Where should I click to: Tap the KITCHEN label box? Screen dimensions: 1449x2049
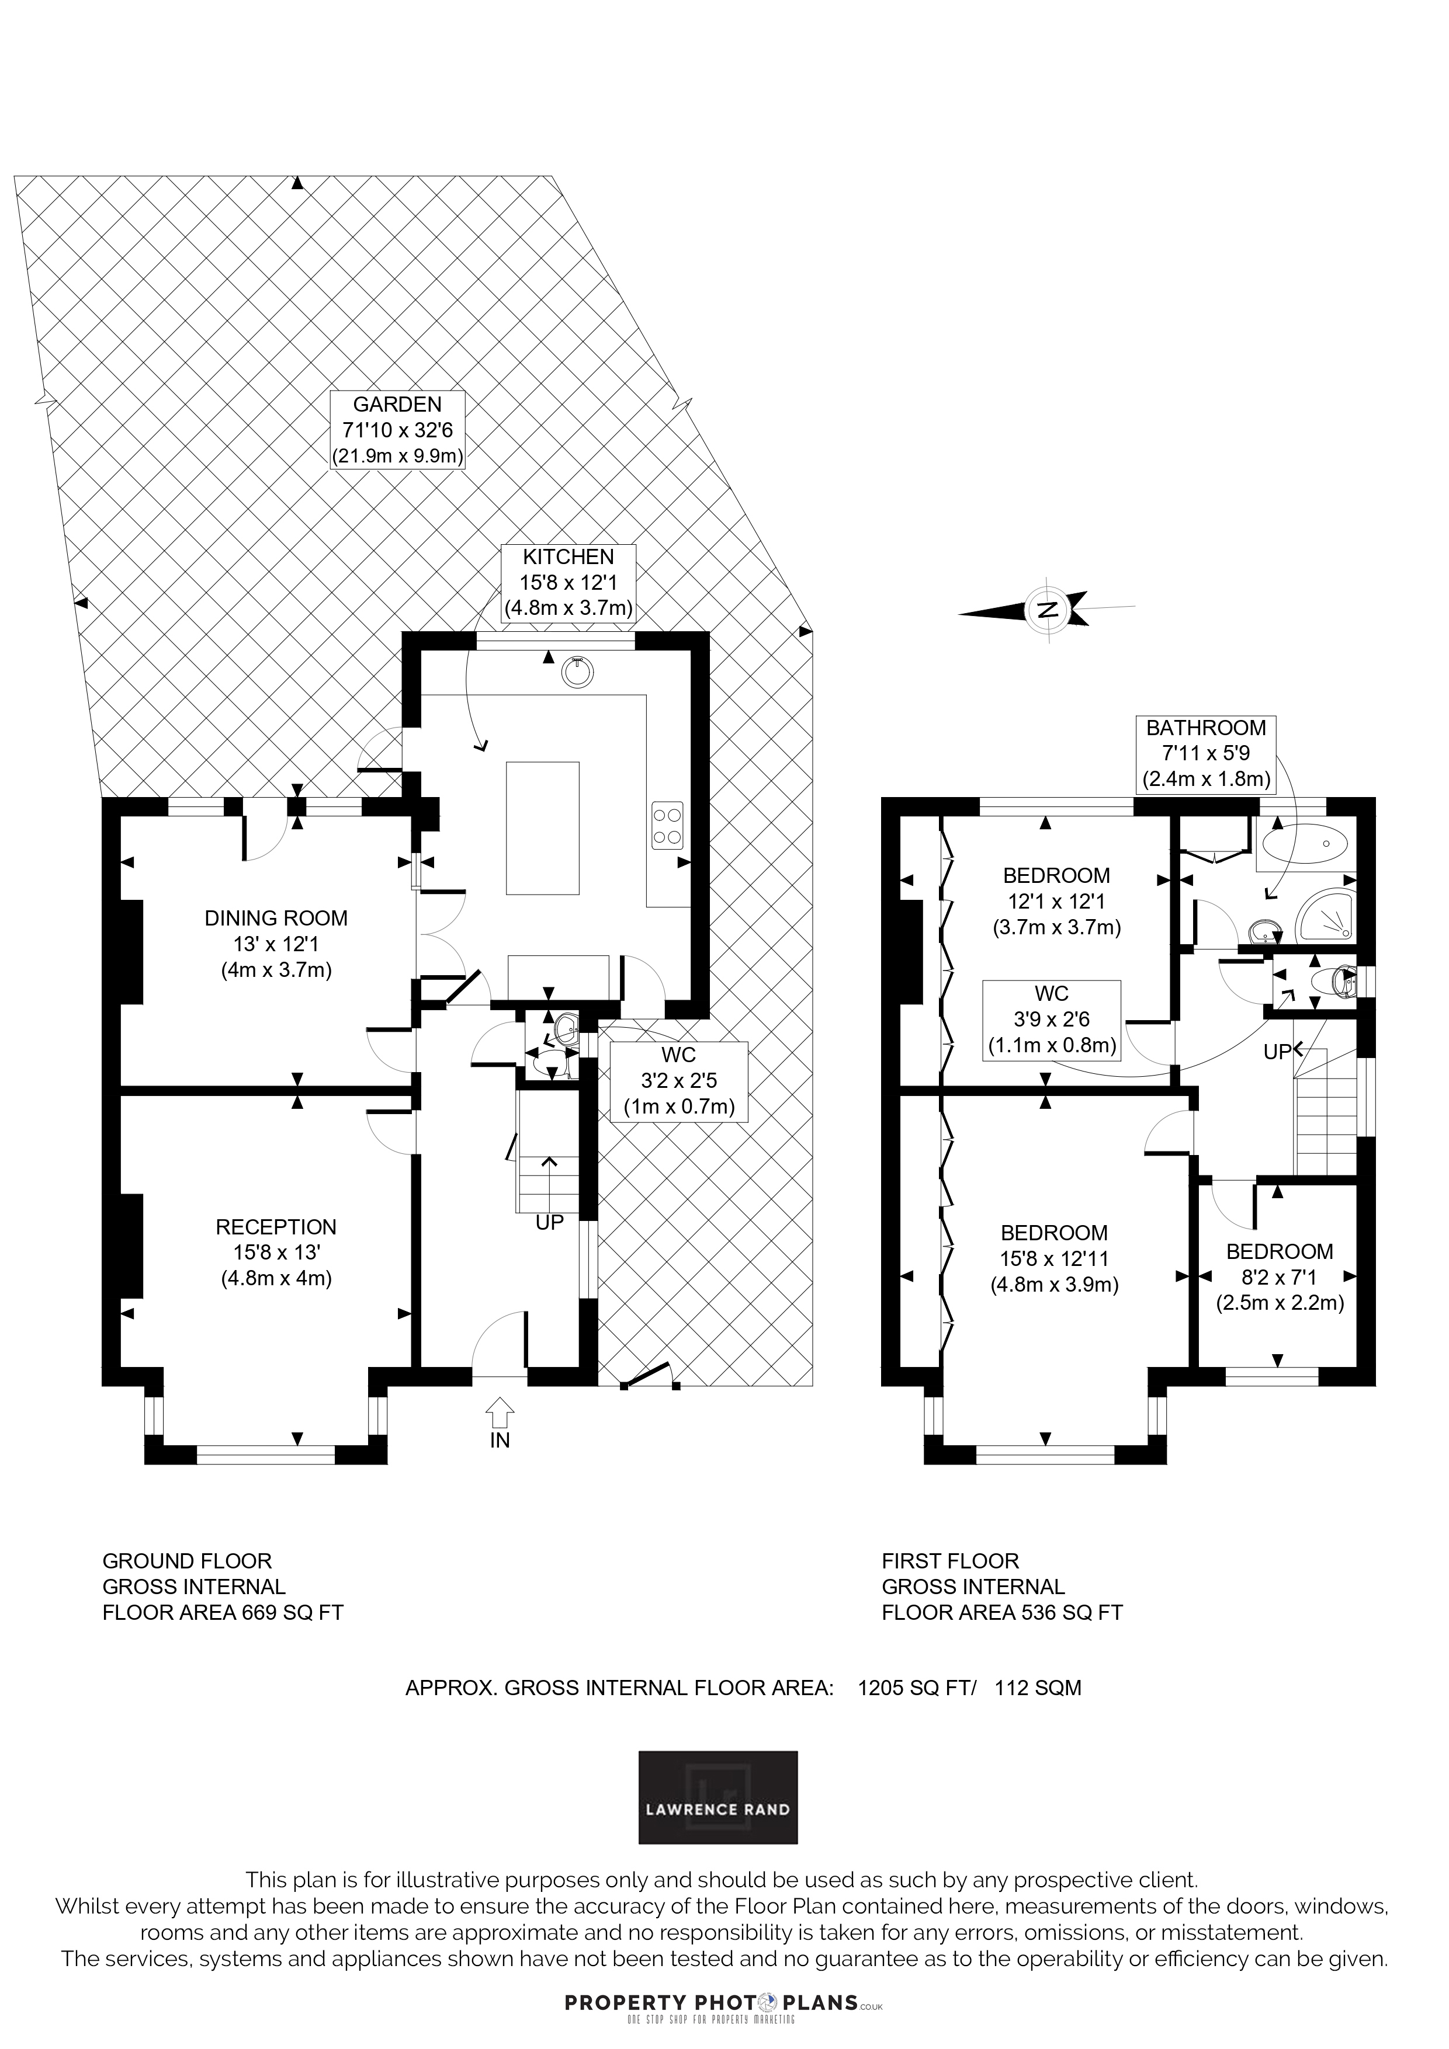(x=568, y=583)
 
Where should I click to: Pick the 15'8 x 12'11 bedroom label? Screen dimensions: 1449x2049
(x=1055, y=1258)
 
